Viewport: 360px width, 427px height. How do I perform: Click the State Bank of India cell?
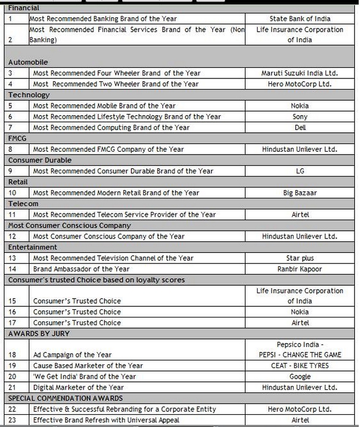(299, 19)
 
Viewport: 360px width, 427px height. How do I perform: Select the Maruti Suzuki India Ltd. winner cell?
(299, 73)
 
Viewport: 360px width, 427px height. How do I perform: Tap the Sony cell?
(299, 117)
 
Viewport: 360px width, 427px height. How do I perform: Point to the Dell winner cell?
(299, 127)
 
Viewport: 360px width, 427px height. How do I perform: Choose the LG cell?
(299, 171)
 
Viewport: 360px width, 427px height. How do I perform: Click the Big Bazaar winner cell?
(299, 193)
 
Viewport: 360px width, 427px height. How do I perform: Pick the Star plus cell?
(299, 258)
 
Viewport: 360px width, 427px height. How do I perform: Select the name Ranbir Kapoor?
(299, 269)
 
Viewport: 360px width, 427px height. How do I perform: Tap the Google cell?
(299, 376)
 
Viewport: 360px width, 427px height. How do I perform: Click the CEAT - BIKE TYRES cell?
(299, 366)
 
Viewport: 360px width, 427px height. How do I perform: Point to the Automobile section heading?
(28, 62)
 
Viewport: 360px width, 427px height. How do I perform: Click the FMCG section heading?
(17, 138)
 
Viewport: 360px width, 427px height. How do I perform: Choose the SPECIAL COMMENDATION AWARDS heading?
(66, 398)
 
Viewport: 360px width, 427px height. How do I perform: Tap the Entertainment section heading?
(32, 247)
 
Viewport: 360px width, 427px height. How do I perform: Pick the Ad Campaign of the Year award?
(72, 355)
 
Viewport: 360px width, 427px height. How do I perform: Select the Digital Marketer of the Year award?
(78, 388)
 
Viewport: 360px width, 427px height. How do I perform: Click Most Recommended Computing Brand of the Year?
(111, 127)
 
